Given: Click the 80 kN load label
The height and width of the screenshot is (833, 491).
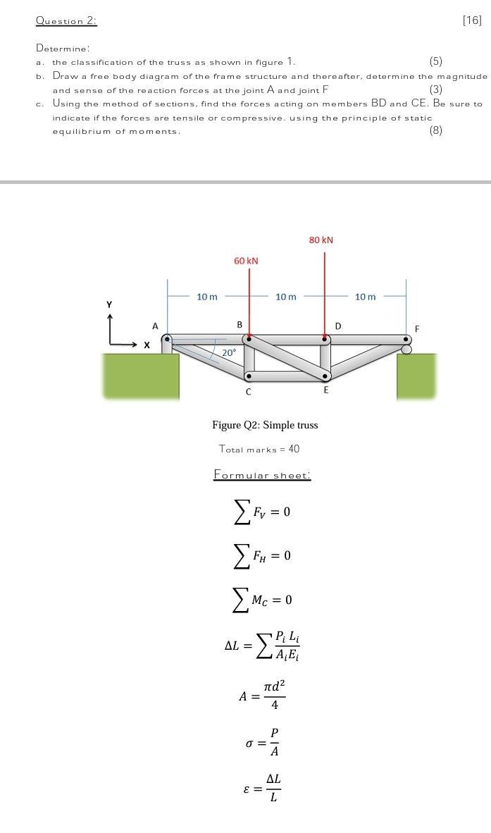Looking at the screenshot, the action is (x=321, y=240).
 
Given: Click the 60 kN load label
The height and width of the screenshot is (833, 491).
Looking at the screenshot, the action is (x=246, y=261).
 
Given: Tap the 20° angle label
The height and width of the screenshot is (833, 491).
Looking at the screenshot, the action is (x=229, y=352).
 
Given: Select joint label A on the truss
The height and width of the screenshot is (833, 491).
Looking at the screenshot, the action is (x=156, y=326).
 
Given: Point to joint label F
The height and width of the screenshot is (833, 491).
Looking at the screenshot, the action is (x=417, y=329).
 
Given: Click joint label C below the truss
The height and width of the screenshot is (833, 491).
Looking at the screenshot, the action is (x=248, y=392).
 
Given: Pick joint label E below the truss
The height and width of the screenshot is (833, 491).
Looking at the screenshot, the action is (x=325, y=390).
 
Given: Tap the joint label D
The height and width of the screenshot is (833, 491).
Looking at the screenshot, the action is (x=338, y=326).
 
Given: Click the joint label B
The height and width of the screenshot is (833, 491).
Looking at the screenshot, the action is (x=240, y=325).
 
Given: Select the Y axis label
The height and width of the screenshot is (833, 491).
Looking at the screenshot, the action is (x=109, y=304).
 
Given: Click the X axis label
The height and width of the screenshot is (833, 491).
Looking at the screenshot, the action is (x=147, y=345).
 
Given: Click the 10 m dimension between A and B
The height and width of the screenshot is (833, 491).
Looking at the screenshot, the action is (x=207, y=297).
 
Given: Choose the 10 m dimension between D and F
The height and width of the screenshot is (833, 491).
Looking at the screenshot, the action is (x=365, y=297).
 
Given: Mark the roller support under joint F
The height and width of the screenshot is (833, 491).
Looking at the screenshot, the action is (x=406, y=349).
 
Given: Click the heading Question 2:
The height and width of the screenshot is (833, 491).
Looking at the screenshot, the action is (x=66, y=21).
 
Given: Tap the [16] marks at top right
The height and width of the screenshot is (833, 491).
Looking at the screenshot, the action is (x=472, y=20).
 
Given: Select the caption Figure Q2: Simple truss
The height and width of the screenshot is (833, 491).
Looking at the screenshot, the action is (x=265, y=425).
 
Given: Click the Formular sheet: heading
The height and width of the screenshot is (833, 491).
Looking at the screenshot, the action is (x=262, y=475).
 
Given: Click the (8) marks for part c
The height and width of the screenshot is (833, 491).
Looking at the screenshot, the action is (x=436, y=130).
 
